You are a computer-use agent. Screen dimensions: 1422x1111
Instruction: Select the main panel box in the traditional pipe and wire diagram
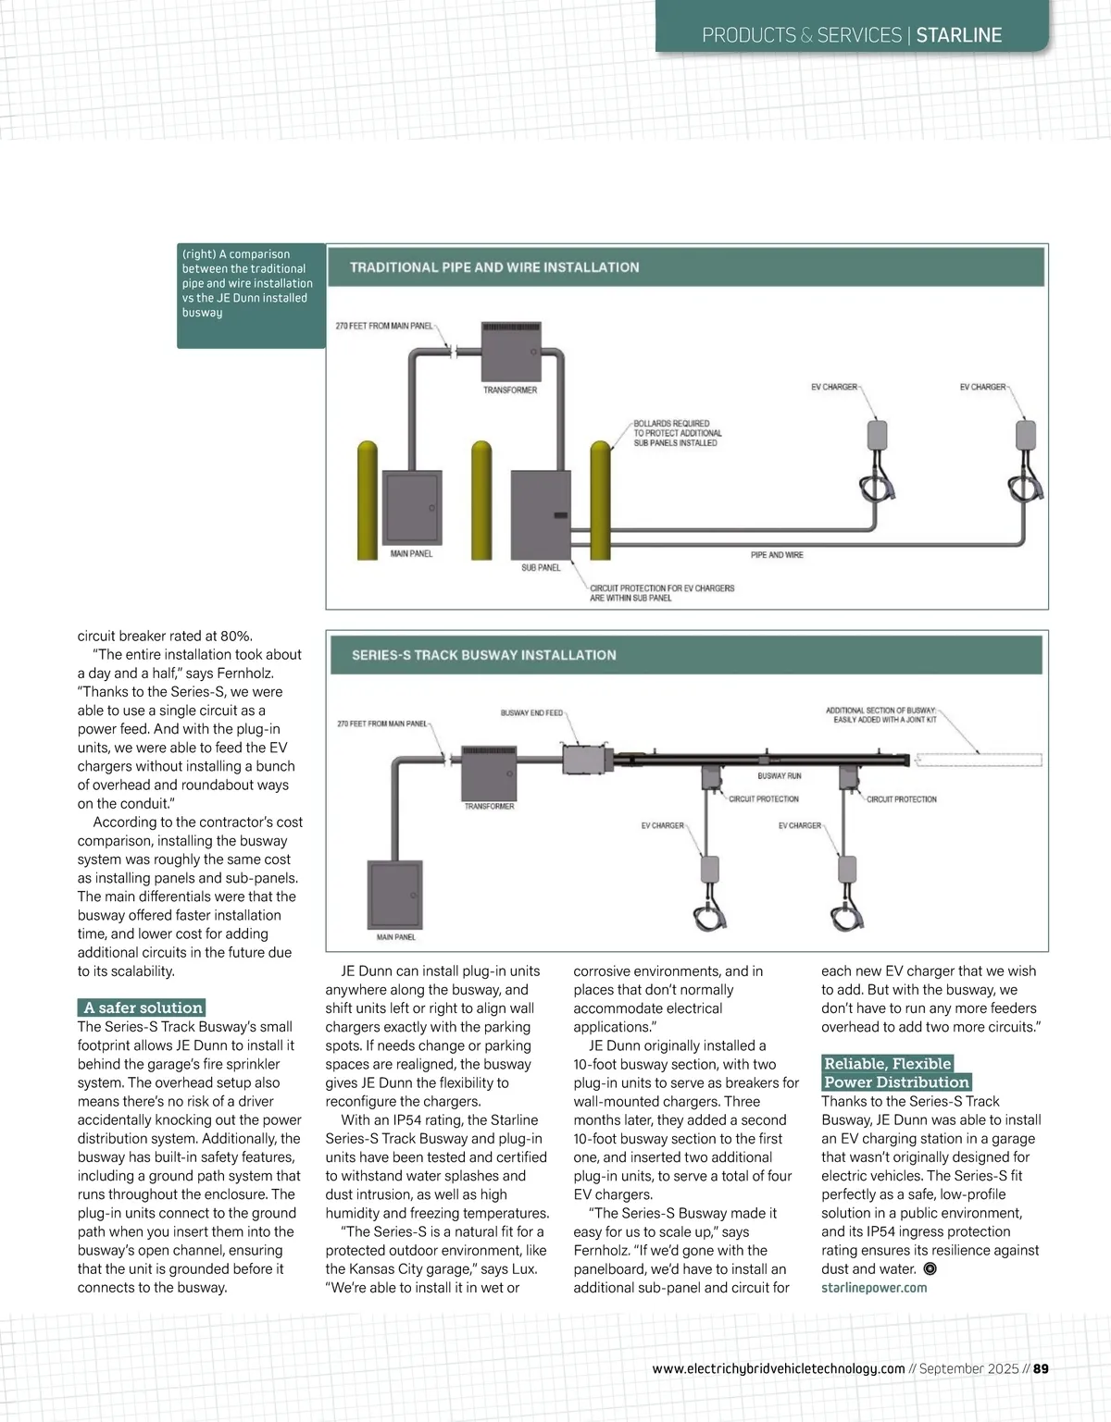[x=412, y=508]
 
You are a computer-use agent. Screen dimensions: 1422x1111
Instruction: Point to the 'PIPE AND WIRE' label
[x=777, y=555]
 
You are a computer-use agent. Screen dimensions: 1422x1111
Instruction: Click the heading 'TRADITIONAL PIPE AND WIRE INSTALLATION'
[x=494, y=267]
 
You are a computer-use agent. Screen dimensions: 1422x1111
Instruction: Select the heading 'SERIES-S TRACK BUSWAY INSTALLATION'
[x=483, y=655]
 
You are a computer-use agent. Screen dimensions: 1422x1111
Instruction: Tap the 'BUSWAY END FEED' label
[x=531, y=713]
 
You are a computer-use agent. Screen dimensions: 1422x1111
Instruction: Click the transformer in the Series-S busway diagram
[x=489, y=773]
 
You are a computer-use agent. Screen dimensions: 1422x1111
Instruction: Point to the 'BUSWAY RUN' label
[x=780, y=776]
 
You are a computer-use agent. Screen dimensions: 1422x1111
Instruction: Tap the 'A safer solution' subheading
[x=143, y=1008]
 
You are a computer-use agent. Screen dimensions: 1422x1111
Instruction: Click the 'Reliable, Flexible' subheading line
[x=888, y=1064]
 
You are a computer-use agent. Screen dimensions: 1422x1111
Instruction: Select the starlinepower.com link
[x=874, y=1288]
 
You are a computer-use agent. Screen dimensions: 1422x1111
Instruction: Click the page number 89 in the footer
[x=1041, y=1368]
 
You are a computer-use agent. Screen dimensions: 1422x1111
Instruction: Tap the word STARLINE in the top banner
[x=959, y=35]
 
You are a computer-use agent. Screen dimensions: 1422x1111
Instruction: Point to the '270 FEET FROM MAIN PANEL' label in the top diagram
[x=383, y=327]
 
